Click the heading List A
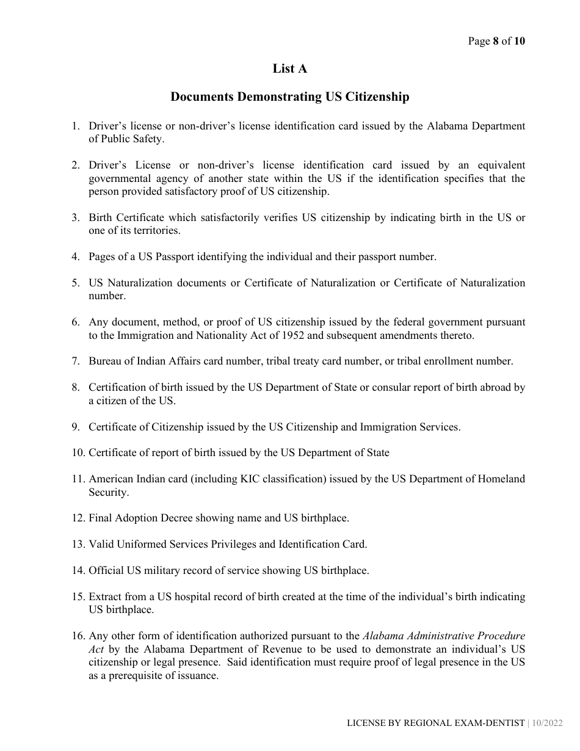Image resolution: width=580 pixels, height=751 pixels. (x=289, y=69)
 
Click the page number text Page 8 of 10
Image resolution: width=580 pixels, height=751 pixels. (x=496, y=42)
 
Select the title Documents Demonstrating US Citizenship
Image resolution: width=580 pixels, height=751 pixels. (x=289, y=97)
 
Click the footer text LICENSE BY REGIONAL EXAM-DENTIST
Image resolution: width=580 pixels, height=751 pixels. (x=435, y=723)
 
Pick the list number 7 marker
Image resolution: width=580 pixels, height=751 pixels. (x=76, y=361)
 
